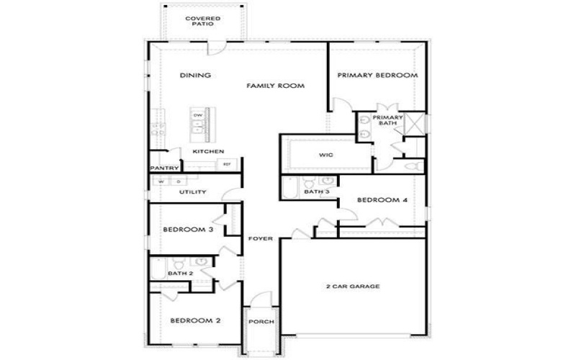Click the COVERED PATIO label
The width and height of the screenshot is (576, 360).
pyautogui.click(x=202, y=20)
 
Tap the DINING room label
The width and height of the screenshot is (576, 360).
pyautogui.click(x=195, y=75)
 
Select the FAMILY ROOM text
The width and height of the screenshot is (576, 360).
pyautogui.click(x=276, y=86)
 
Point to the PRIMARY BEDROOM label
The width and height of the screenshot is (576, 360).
pyautogui.click(x=378, y=75)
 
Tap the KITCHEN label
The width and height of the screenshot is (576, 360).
pyautogui.click(x=208, y=151)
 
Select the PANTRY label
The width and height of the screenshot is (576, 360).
pyautogui.click(x=163, y=168)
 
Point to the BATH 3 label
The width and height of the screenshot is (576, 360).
pyautogui.click(x=316, y=192)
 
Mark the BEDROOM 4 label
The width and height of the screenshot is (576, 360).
pyautogui.click(x=383, y=200)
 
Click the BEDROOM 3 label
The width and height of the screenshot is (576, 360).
pyautogui.click(x=187, y=230)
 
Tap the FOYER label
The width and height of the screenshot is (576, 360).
pyautogui.click(x=260, y=238)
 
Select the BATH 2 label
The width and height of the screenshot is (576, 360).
pyautogui.click(x=180, y=274)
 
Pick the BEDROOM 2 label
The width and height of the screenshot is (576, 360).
pyautogui.click(x=194, y=320)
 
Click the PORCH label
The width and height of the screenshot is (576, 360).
pyautogui.click(x=260, y=321)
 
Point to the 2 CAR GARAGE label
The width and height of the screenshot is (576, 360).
pyautogui.click(x=352, y=287)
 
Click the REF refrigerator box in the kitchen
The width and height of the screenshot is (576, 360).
pyautogui.click(x=227, y=165)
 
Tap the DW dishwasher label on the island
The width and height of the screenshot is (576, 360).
pyautogui.click(x=197, y=115)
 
